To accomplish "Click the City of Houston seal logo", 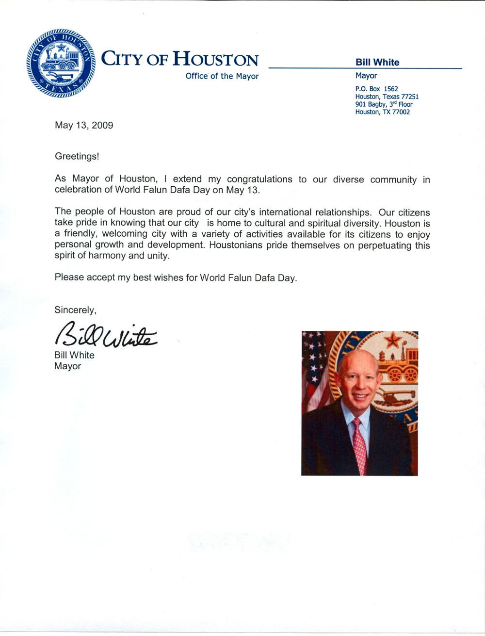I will coord(61,63).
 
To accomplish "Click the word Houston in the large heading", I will coord(216,59).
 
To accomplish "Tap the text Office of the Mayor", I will coord(222,76).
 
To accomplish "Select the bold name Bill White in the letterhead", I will coord(377,62).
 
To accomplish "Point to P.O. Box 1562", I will coord(376,89).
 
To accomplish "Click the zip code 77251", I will coord(409,97).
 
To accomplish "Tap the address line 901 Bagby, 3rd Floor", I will coord(384,104).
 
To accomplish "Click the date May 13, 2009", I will coord(84,125).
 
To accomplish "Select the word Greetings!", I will coord(77,156).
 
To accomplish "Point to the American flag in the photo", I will coord(313,374).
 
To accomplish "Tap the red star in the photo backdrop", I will coord(391,340).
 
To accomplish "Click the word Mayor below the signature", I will coord(67,366).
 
